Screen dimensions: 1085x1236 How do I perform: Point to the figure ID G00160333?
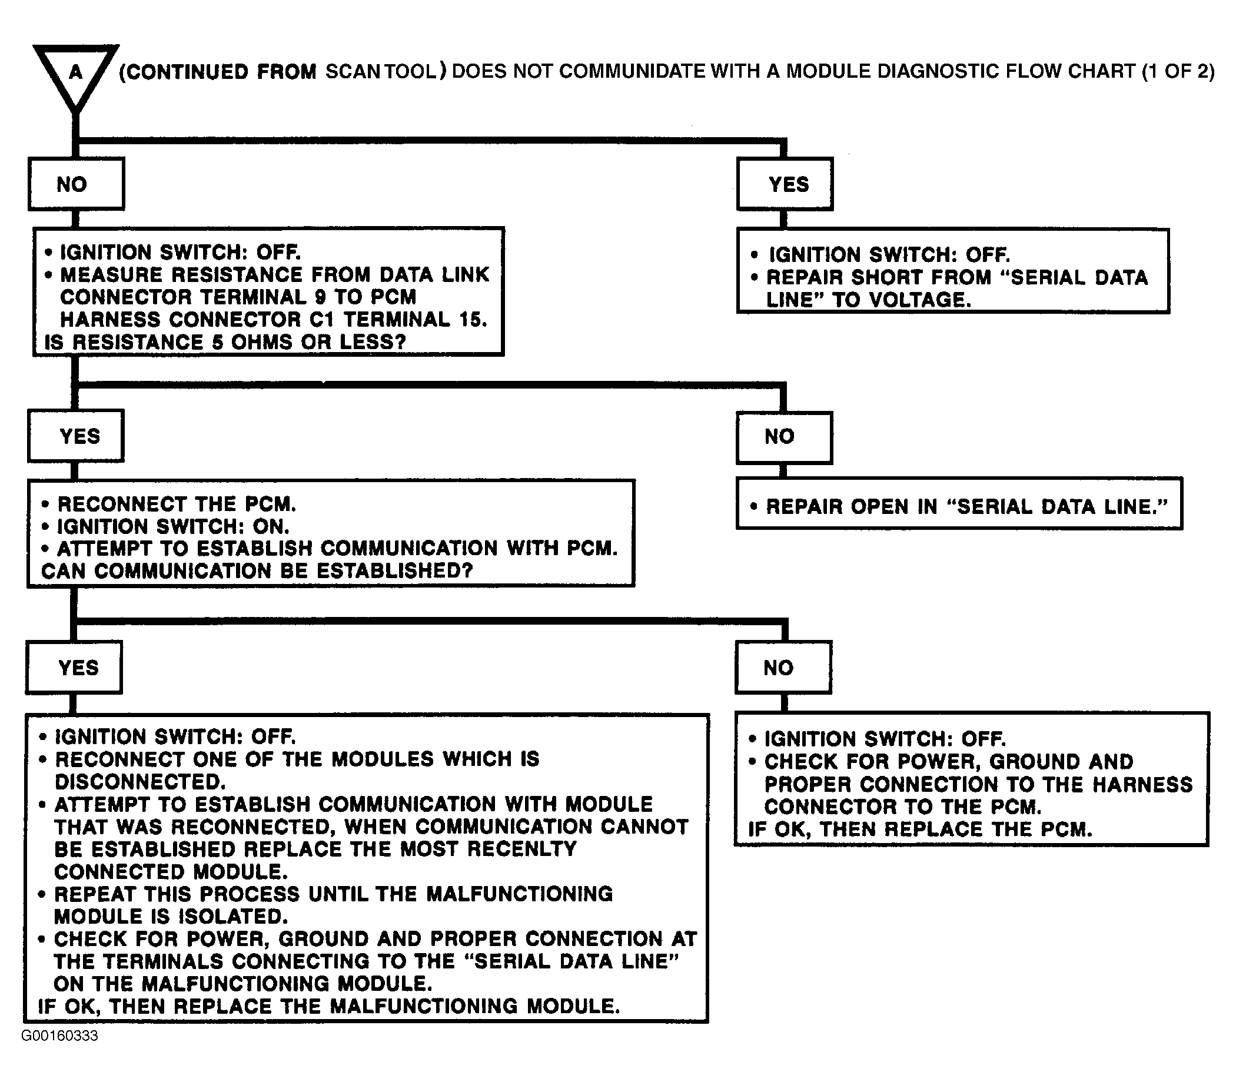(59, 1036)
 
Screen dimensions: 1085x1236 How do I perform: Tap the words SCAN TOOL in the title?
(381, 71)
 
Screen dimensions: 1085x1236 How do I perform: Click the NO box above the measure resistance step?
(76, 184)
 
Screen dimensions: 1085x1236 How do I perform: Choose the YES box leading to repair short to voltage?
(785, 184)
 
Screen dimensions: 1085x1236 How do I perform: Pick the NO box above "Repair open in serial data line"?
(784, 437)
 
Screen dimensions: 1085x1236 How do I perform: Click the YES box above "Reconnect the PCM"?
(76, 436)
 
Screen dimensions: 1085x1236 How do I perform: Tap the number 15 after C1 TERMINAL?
(472, 319)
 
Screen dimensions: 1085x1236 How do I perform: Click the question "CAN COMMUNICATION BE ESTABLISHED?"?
(257, 571)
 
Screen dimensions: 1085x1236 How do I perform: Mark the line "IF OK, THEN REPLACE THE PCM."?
(920, 829)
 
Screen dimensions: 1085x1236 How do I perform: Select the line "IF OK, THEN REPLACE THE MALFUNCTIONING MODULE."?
(329, 1006)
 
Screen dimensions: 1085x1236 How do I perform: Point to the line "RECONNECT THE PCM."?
(176, 505)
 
